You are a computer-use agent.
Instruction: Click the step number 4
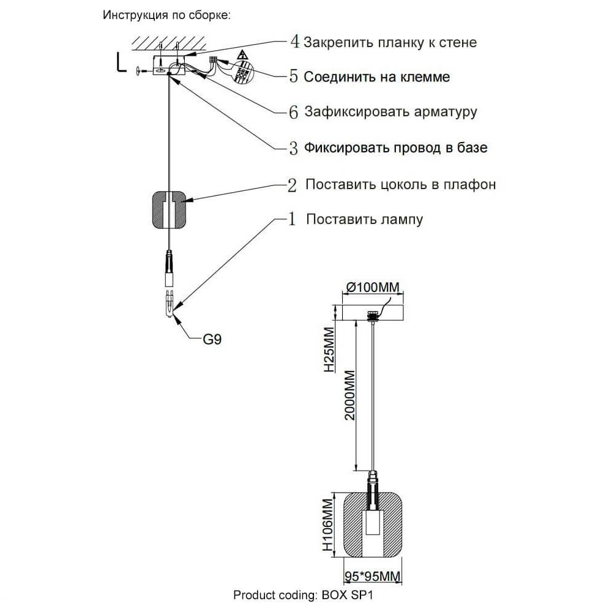click(294, 42)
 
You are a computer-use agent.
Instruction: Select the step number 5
click(294, 77)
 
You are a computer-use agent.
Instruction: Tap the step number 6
click(294, 112)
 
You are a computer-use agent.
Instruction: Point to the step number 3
click(294, 147)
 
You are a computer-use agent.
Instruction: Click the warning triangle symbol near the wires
click(242, 54)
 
